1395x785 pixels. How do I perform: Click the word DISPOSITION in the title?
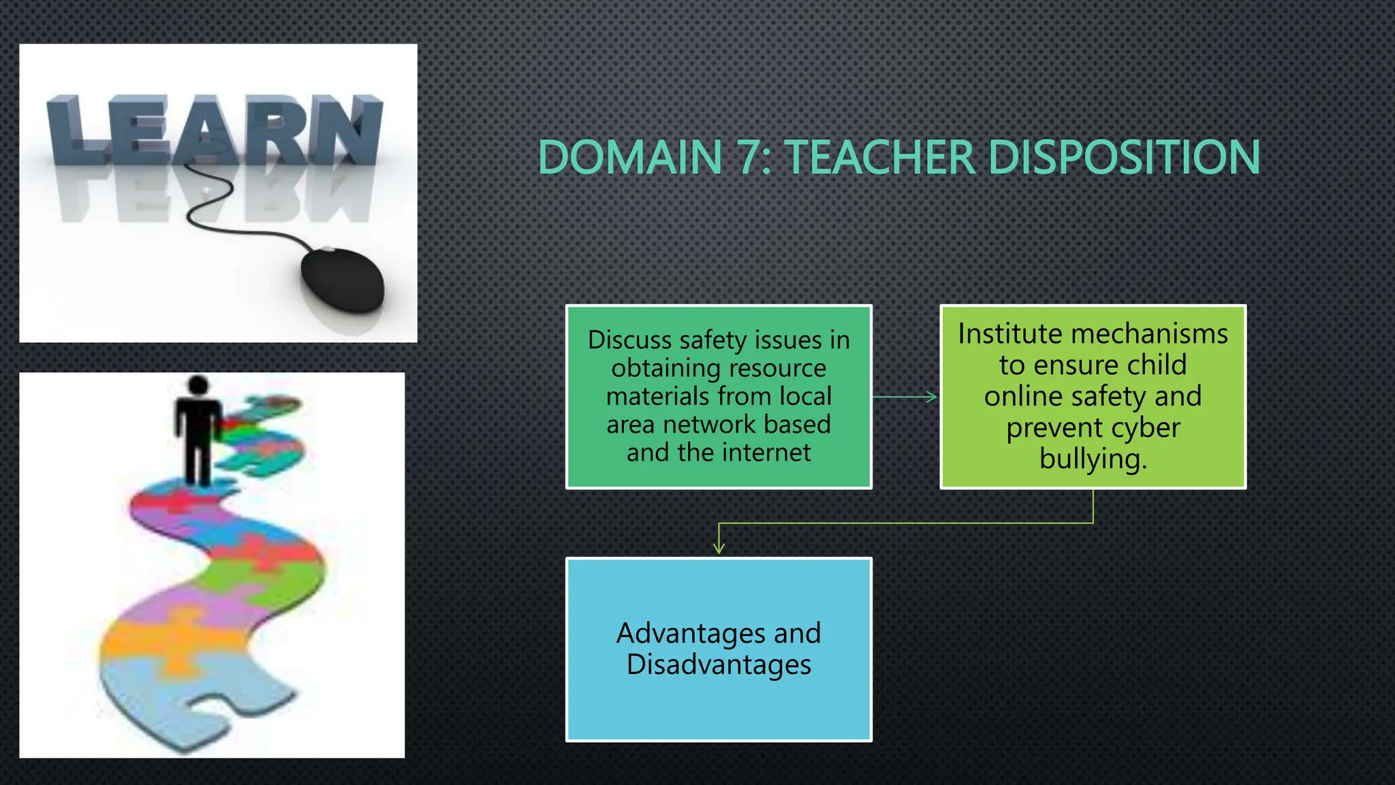point(1124,157)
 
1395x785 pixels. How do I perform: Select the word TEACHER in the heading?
point(880,157)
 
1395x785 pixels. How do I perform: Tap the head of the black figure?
point(198,385)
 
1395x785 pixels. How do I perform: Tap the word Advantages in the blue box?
point(691,633)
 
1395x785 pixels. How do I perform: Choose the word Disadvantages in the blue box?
point(719,664)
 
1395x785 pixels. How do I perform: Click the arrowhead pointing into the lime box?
point(932,397)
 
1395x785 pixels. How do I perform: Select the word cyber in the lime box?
point(1147,428)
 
